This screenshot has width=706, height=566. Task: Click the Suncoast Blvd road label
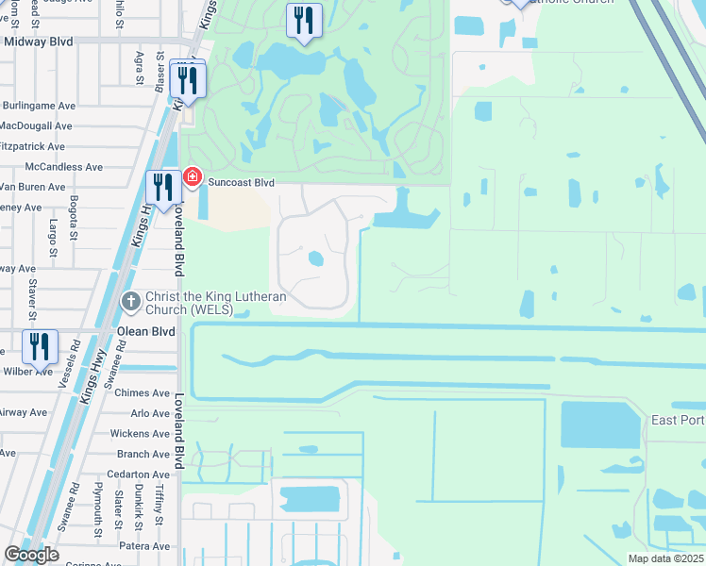(x=241, y=182)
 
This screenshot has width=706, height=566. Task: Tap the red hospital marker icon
(x=193, y=176)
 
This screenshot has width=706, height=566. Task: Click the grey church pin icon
(x=131, y=302)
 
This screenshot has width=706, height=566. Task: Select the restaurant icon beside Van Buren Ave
(x=163, y=188)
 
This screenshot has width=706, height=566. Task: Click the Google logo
(x=31, y=555)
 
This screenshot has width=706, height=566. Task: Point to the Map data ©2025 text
(x=664, y=558)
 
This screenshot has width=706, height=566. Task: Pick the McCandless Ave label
(x=64, y=167)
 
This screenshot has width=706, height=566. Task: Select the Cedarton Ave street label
(x=138, y=474)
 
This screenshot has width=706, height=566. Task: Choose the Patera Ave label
(x=144, y=545)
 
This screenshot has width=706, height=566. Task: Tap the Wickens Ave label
(x=139, y=434)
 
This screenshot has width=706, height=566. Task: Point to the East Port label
(x=678, y=419)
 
